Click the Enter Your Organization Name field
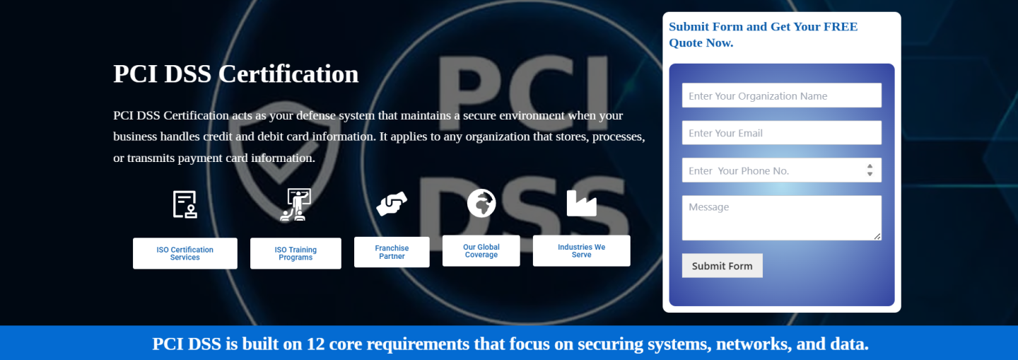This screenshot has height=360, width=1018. coord(781,95)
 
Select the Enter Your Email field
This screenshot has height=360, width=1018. coord(781,133)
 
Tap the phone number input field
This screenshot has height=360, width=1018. coord(781,170)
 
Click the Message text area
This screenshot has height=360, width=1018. coord(781,218)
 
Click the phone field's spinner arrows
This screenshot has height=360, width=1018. coord(870,170)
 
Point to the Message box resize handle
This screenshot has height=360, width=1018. coord(877,236)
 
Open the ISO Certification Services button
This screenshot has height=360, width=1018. coord(185,253)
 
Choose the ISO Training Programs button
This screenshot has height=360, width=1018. coord(296,253)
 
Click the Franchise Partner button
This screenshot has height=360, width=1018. coord(392,252)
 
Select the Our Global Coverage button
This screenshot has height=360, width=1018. coord(481,250)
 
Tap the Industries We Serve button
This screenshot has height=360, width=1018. coord(581,250)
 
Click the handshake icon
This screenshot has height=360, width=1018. coord(392,203)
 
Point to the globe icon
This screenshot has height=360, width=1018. coord(481,203)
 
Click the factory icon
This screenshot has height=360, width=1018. coord(581,203)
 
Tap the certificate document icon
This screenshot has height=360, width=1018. coord(185,204)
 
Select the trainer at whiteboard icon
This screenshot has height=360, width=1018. coord(296,204)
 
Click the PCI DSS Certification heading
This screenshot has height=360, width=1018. coord(236,74)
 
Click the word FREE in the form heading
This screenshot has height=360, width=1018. coord(841,26)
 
